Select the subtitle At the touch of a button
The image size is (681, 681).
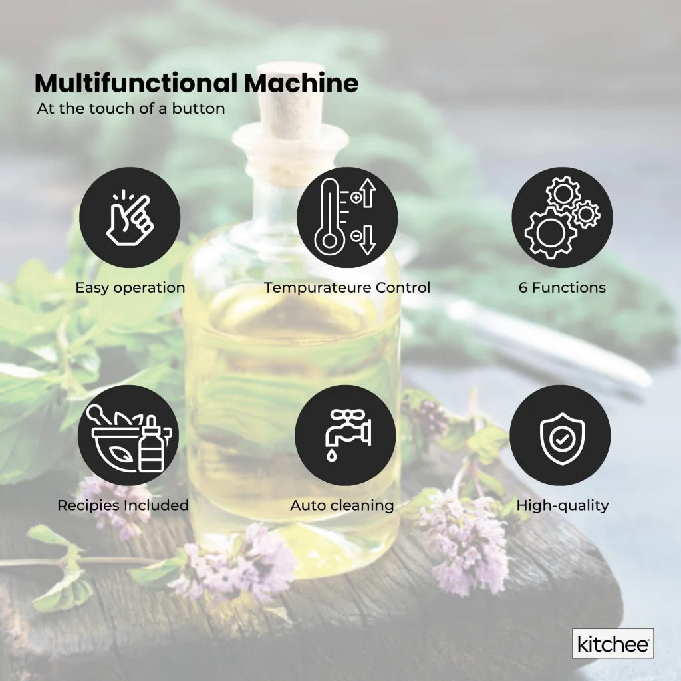click(x=131, y=108)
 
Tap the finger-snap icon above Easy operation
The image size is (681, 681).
click(x=130, y=217)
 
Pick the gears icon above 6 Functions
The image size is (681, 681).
click(x=562, y=217)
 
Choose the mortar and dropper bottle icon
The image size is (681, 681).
click(x=128, y=436)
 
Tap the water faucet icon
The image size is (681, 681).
click(x=345, y=436)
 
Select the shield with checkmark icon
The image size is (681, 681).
click(x=560, y=436)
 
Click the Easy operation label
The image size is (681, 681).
click(x=130, y=288)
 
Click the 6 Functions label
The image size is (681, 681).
click(x=562, y=288)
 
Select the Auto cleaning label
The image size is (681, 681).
click(x=342, y=505)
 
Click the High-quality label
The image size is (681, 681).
click(x=563, y=505)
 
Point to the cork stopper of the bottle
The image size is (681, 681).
click(x=290, y=113)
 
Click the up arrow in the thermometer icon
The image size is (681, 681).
click(x=367, y=195)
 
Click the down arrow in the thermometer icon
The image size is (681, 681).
click(x=367, y=241)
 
